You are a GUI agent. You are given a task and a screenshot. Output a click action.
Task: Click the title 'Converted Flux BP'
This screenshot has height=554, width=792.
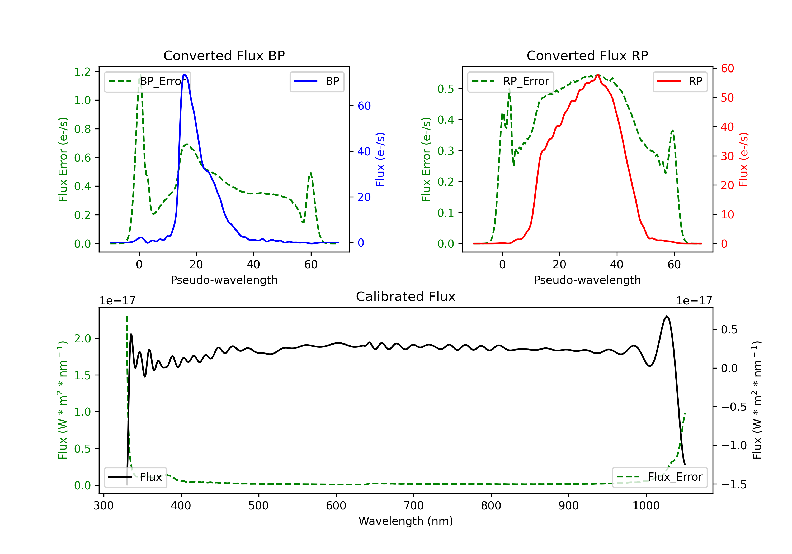224,55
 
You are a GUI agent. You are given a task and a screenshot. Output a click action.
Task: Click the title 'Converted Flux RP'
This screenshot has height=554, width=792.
587,55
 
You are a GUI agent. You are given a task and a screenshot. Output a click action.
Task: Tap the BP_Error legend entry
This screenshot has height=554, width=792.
148,81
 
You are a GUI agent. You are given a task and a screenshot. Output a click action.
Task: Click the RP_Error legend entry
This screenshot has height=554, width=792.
511,81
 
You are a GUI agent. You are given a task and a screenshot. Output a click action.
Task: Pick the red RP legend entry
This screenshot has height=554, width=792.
680,81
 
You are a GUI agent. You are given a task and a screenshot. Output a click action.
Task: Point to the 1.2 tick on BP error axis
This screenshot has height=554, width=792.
82,72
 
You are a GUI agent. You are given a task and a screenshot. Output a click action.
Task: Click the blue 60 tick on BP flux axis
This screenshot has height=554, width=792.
364,106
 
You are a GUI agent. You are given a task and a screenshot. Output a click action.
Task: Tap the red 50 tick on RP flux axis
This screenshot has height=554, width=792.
727,98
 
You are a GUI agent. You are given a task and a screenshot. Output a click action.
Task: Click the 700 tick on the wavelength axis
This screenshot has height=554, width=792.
414,505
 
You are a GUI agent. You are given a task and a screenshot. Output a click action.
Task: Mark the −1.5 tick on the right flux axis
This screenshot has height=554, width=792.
734,484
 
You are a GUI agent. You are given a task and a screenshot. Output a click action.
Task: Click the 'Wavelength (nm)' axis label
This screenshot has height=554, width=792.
406,521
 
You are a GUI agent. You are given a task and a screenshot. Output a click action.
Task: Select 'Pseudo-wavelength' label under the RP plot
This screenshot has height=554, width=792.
587,280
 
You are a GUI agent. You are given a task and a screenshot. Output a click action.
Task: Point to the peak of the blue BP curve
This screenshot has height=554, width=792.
185,75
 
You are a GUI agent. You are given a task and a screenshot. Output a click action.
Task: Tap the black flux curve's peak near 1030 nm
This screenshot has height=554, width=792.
667,316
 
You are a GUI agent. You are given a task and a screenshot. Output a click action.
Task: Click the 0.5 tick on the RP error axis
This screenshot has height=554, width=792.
445,89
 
